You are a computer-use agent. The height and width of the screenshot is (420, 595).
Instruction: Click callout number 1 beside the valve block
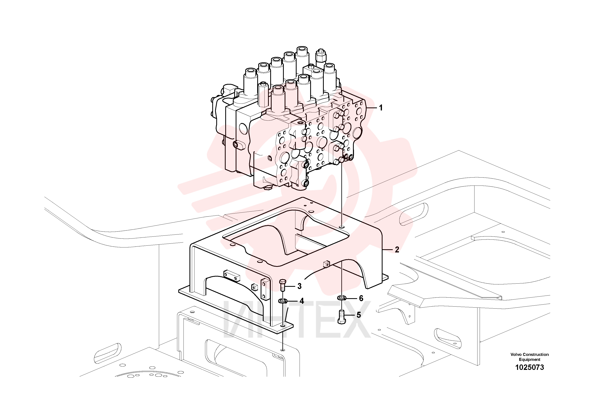tap(381, 108)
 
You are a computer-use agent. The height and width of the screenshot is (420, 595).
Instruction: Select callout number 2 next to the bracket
tap(397, 250)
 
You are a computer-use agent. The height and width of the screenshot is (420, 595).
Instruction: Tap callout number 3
tap(299, 286)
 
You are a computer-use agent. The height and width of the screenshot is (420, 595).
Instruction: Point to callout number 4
tap(302, 301)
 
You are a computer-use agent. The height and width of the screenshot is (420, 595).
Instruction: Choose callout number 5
tap(359, 315)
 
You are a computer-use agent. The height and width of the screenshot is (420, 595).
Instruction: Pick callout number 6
tap(361, 298)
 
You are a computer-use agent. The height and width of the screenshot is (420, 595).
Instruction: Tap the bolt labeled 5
tap(342, 317)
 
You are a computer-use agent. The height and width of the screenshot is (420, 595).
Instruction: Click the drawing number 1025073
tap(529, 367)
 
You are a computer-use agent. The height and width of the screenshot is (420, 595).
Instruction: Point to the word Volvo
tap(516, 354)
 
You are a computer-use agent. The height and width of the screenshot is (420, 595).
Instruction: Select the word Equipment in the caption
tap(529, 360)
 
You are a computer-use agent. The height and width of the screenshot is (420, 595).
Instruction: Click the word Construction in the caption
tap(536, 354)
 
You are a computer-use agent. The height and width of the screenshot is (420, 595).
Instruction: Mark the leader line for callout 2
tap(388, 250)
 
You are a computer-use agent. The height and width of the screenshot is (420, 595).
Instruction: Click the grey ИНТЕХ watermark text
tap(297, 320)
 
